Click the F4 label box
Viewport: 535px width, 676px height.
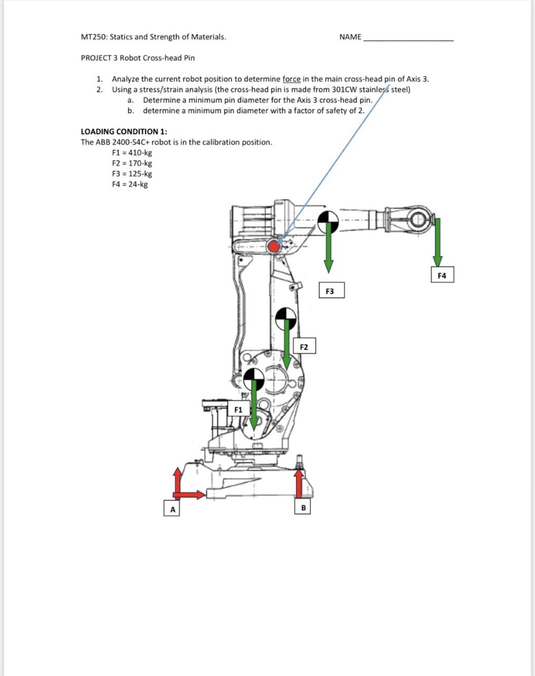(442, 276)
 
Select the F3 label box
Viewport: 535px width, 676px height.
(330, 291)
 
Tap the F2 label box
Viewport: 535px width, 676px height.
(304, 347)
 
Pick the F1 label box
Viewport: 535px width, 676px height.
(239, 409)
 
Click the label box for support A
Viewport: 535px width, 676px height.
(172, 509)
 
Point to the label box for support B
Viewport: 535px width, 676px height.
(303, 508)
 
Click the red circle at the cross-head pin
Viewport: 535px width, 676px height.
(274, 246)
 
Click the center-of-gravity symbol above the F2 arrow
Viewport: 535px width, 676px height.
(286, 317)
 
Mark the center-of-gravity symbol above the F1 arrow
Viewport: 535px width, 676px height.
(254, 378)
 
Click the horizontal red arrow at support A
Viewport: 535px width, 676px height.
(190, 495)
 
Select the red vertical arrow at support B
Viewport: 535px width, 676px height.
(299, 483)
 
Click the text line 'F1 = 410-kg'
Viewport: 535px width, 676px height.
(132, 153)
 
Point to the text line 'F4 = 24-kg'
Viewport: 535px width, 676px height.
(130, 184)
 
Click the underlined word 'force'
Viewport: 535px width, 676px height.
(292, 79)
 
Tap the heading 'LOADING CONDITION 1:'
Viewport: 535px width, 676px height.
(124, 132)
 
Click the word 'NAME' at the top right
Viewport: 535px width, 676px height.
(350, 37)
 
